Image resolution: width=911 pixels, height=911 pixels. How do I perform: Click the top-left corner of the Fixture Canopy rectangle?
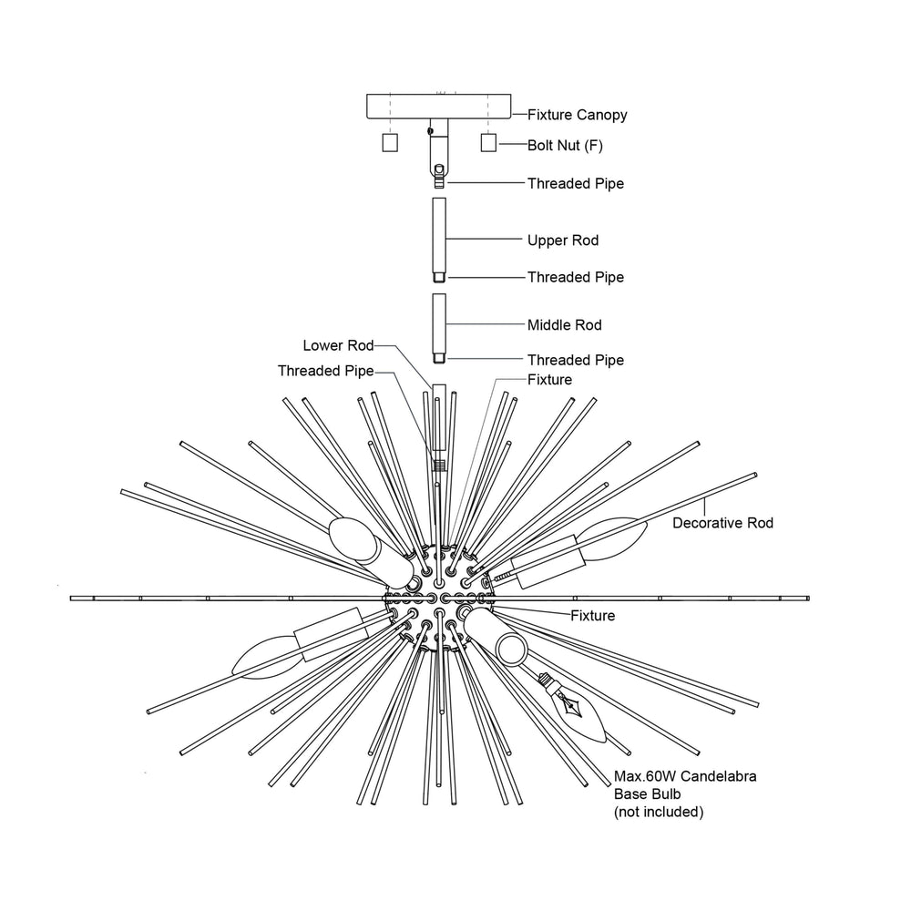coord(366,94)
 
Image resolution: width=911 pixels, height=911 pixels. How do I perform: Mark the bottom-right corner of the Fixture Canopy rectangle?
coord(511,119)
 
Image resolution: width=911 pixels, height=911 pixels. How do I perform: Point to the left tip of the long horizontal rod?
coord(70,599)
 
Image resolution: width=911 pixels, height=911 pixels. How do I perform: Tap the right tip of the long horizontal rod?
coord(809,599)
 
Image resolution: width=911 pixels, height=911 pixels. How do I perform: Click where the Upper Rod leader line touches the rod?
coord(446,239)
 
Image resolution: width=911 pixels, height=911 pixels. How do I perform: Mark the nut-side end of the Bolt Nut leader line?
coord(497,144)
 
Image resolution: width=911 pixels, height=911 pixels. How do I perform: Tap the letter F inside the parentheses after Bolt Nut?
coord(593,145)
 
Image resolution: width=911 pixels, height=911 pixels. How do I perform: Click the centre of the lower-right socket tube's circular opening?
coord(511,649)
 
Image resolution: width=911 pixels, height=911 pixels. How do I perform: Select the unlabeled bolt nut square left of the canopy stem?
coord(390,143)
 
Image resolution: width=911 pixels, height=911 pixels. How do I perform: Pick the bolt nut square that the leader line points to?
coord(488,143)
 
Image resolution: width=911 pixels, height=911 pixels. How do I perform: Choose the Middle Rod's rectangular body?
coord(439,324)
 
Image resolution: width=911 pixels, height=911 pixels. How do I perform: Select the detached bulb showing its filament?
coord(575,708)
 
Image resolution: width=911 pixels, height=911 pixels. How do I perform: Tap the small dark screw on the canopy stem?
coord(431,131)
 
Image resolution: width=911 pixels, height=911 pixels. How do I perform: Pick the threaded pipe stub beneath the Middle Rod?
coord(439,359)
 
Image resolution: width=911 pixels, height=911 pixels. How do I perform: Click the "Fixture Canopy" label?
coord(577,115)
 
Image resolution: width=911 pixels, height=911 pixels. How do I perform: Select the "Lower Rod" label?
coord(338,345)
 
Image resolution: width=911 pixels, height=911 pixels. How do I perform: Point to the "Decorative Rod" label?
coord(722,523)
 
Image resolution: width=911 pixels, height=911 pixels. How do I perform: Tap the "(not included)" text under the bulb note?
coord(659,812)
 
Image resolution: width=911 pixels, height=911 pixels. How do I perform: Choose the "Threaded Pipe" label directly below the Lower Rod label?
coord(325,371)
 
